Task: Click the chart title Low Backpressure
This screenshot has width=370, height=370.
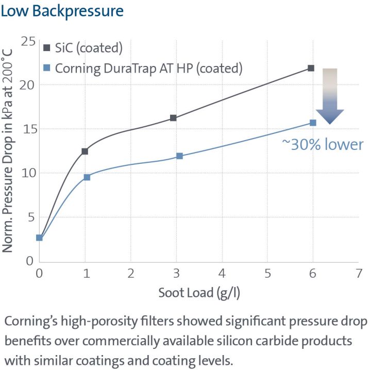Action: [x=62, y=11]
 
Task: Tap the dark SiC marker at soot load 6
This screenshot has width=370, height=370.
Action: [x=311, y=68]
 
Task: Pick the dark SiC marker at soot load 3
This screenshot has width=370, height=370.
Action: [x=173, y=118]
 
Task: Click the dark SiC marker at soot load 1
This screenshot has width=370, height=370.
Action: [x=85, y=151]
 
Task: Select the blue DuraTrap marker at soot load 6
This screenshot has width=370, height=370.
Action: [x=313, y=123]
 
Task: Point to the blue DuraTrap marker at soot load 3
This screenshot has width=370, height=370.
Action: [x=179, y=156]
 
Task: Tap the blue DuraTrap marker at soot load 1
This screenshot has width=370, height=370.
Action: [x=87, y=177]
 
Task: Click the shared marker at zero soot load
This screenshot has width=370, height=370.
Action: [x=40, y=238]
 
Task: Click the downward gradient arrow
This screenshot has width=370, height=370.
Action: [x=329, y=96]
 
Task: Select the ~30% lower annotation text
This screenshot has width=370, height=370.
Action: [x=322, y=144]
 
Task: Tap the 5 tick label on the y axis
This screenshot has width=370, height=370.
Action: [x=30, y=217]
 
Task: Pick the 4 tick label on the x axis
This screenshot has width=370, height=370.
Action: [x=222, y=273]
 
